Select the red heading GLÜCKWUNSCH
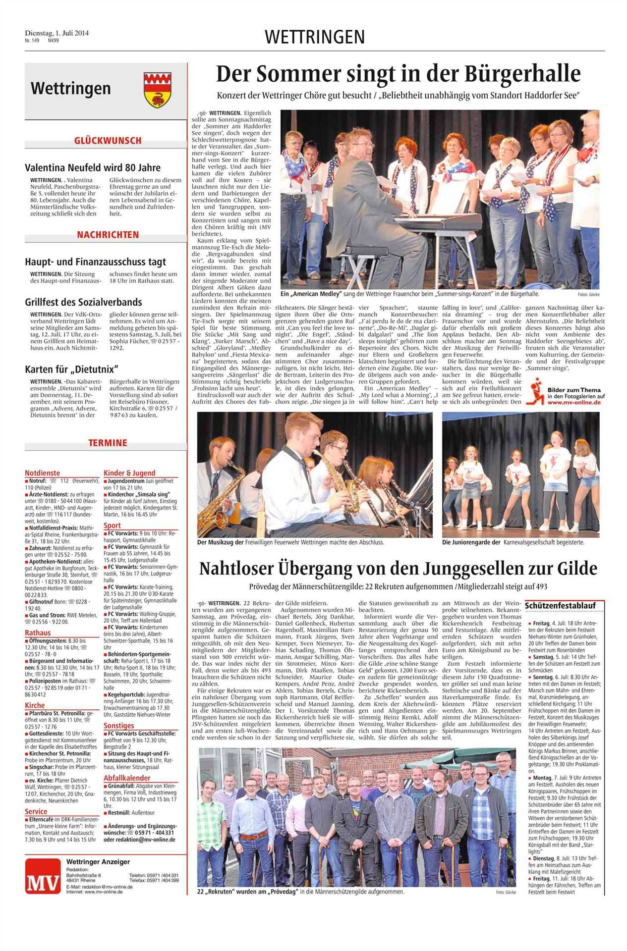click(108, 141)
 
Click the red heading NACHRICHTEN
click(108, 235)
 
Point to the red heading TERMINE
click(108, 443)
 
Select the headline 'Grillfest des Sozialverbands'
click(83, 302)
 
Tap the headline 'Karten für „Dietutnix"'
click(73, 369)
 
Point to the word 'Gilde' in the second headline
click(574, 569)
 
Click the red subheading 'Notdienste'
click(42, 473)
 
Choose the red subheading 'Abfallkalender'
click(127, 778)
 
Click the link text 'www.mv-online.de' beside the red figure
click(573, 403)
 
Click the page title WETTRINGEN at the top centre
click(315, 37)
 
